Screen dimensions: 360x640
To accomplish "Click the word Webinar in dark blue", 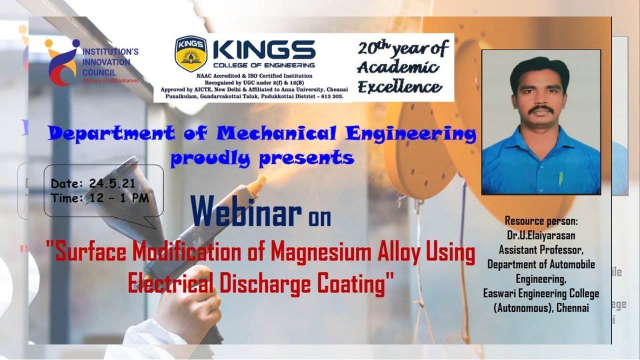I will tap(246, 211).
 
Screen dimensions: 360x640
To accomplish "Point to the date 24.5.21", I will tap(112, 183).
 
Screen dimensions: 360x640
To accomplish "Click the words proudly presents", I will tap(262, 158).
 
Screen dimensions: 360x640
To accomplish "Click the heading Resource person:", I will tap(541, 220).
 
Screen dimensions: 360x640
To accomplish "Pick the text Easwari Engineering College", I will tap(541, 294).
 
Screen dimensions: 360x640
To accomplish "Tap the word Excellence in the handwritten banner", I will tap(400, 88).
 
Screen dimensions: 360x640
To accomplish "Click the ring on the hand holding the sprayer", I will tap(209, 304).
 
